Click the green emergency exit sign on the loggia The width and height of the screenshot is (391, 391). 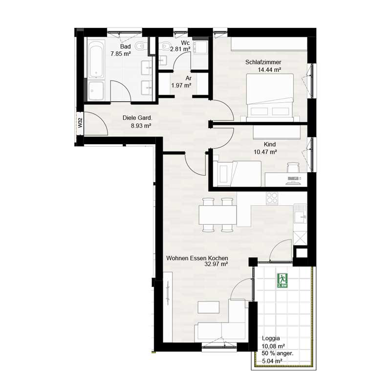click(282, 281)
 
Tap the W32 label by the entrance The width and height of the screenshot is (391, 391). click(80, 123)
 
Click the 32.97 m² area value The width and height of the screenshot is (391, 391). click(216, 264)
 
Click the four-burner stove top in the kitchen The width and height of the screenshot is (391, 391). click(272, 199)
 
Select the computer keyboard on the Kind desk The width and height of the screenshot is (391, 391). click(293, 178)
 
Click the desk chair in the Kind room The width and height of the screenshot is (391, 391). click(293, 167)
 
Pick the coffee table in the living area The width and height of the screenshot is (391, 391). click(209, 307)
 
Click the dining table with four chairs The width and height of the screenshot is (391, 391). click(217, 215)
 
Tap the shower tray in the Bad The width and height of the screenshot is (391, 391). click(96, 91)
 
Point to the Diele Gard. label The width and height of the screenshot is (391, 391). click(137, 118)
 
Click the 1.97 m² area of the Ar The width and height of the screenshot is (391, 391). click(181, 86)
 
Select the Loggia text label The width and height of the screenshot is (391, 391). click(271, 338)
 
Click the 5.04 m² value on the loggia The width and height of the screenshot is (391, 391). click(272, 361)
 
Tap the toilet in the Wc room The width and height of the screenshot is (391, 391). click(166, 45)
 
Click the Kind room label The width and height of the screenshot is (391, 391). click(270, 144)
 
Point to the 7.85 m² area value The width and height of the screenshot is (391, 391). click(121, 53)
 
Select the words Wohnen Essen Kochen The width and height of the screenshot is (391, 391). click(197, 258)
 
